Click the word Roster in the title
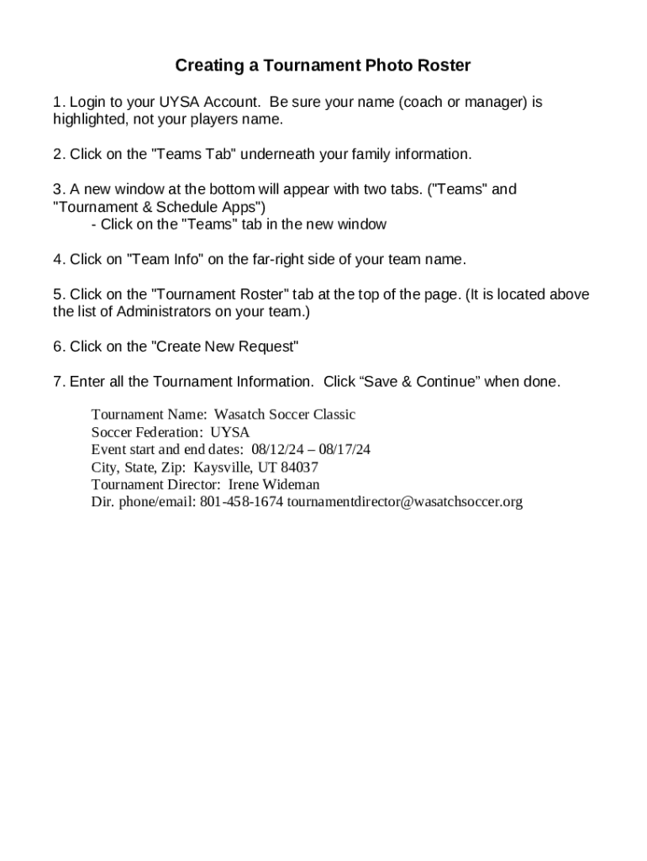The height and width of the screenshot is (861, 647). coord(442,66)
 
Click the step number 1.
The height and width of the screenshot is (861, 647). coord(57,103)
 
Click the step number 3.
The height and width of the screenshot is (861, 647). coord(57,189)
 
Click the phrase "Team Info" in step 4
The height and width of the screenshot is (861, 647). coord(164,259)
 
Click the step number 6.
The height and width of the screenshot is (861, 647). coord(57,346)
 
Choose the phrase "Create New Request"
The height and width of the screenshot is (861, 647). coord(224,346)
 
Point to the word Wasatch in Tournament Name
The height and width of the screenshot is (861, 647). coord(239,415)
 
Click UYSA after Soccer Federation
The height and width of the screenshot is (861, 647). coord(230,432)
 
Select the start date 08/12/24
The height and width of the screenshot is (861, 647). coord(278,450)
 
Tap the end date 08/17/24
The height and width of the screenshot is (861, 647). coord(344,450)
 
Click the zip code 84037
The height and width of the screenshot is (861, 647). coord(300,467)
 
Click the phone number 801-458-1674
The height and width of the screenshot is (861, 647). coord(242,503)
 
